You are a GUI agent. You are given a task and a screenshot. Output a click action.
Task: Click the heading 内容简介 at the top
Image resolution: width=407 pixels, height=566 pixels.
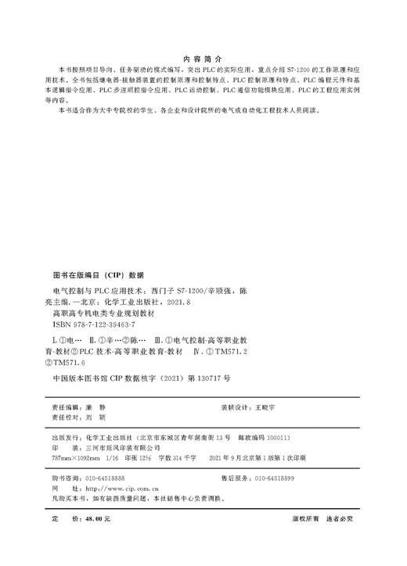coord(203,59)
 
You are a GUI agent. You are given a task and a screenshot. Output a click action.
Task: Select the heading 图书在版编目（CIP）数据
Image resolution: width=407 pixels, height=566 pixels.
coord(98,275)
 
